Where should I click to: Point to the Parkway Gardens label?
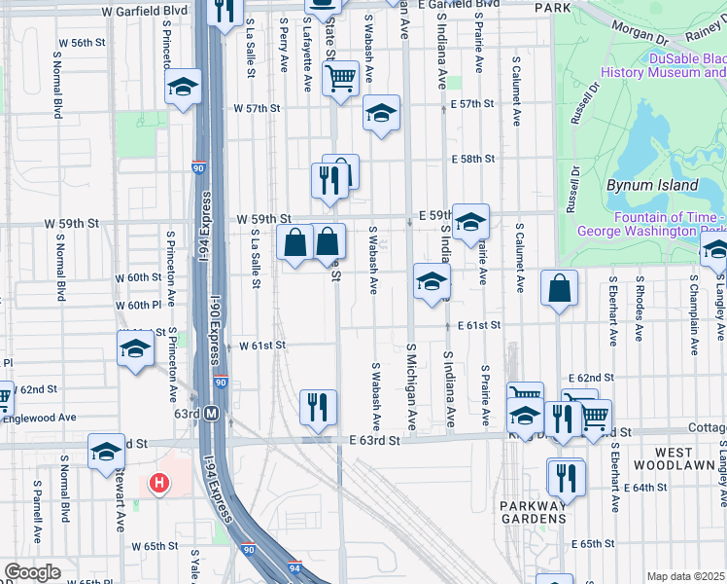click(534, 512)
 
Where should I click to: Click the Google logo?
click(31, 572)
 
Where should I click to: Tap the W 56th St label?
click(82, 43)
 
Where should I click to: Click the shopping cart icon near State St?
click(340, 78)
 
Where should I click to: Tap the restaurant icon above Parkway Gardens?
click(565, 477)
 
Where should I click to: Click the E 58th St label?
click(472, 159)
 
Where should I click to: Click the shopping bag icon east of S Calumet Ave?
click(560, 288)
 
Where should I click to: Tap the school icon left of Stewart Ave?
click(106, 452)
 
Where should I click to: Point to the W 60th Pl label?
click(136, 306)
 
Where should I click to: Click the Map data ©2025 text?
click(685, 576)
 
